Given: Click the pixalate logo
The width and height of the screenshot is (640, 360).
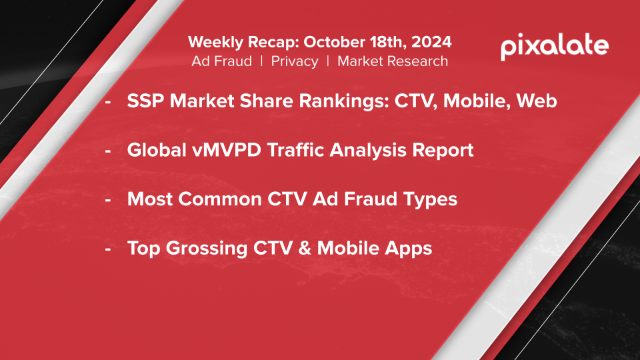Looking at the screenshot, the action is [x=555, y=47].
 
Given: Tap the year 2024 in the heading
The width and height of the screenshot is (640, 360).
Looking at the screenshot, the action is [x=431, y=42].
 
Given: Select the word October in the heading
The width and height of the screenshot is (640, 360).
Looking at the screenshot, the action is [x=335, y=42].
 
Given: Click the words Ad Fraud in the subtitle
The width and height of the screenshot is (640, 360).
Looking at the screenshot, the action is [x=221, y=61].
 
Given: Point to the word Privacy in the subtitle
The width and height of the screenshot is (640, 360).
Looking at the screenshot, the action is [x=295, y=61].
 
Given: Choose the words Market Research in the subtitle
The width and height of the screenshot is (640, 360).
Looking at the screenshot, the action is [x=393, y=61].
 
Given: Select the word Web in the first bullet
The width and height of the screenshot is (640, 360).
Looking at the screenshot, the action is [x=537, y=101].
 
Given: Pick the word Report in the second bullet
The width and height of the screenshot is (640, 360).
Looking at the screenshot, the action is [x=443, y=151].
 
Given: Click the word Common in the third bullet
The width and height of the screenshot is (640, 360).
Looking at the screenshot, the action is [x=220, y=199].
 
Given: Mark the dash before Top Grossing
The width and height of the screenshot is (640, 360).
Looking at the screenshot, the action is [x=108, y=249].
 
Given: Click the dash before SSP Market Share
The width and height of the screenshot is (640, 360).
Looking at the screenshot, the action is [x=108, y=101].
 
